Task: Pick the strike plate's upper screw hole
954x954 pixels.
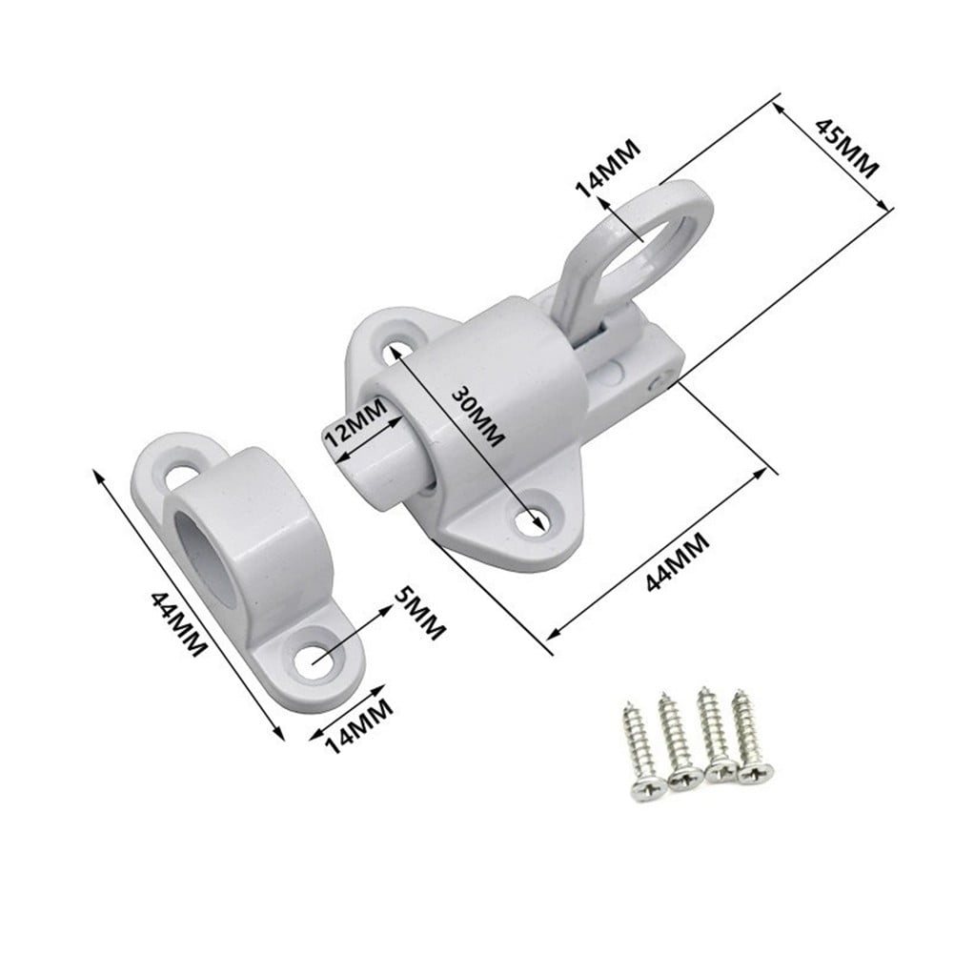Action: click(x=180, y=474)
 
